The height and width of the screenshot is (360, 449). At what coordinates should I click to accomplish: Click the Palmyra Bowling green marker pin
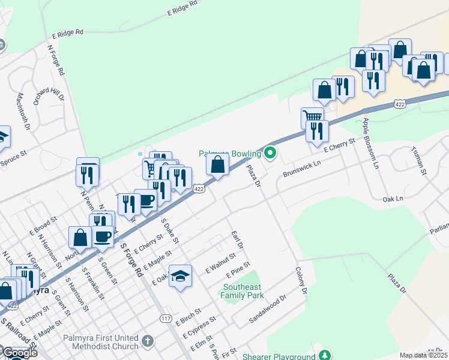pos(270,154)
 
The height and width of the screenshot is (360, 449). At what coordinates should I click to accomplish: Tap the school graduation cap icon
pos(180,276)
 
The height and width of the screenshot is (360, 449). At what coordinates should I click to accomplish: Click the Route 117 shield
pos(166,318)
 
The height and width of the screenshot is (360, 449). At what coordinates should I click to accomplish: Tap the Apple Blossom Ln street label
pos(370,143)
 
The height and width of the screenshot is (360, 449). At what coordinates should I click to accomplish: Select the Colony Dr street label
pos(300,281)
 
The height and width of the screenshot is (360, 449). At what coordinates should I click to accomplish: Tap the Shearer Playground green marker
pos(325,355)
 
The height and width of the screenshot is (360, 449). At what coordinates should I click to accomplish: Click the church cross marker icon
pos(148,342)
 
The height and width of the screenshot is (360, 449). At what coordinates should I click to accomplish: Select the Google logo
pos(19,353)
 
